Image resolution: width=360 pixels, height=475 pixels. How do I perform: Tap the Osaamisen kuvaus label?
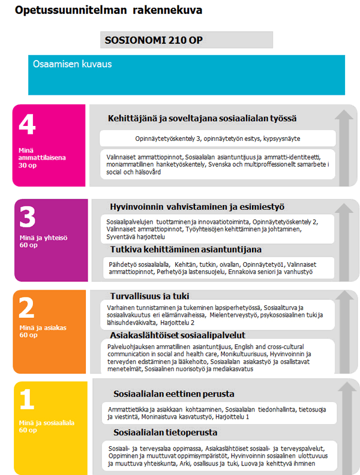pos(73,64)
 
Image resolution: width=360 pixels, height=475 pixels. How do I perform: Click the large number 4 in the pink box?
pos(28,126)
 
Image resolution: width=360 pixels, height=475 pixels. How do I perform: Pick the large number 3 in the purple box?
pos(28,217)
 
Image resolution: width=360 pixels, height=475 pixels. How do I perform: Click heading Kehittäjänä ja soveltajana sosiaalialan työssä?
pos(202,118)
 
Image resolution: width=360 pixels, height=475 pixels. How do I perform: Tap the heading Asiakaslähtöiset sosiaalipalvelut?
pos(178,335)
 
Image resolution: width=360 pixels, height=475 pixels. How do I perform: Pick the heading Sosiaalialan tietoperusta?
pos(164,432)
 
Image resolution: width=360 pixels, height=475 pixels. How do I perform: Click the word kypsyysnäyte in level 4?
pos(280,139)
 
